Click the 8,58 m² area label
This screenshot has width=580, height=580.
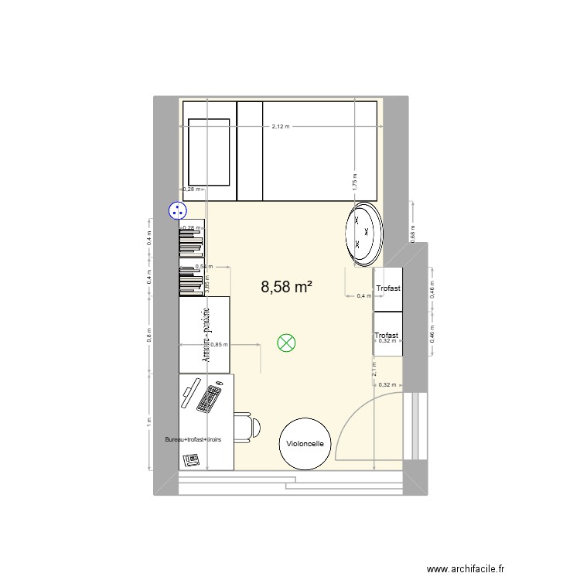click(x=286, y=288)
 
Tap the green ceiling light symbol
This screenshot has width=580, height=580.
click(x=287, y=343)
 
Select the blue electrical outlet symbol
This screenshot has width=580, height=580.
click(x=178, y=210)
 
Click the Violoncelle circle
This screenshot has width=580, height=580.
click(x=305, y=444)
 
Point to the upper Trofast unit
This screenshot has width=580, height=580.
click(x=388, y=288)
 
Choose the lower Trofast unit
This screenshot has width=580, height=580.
click(x=387, y=334)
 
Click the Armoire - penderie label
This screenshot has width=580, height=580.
click(x=206, y=335)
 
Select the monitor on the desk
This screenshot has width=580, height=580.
click(x=190, y=394)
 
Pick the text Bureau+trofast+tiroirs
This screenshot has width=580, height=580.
click(x=193, y=439)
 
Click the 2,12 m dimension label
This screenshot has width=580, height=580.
click(x=280, y=127)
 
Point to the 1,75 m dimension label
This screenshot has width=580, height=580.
click(x=353, y=181)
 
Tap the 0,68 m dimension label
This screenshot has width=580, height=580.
click(x=413, y=235)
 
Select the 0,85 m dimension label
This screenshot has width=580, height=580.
click(x=219, y=345)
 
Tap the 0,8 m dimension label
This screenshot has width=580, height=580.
click(x=148, y=334)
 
